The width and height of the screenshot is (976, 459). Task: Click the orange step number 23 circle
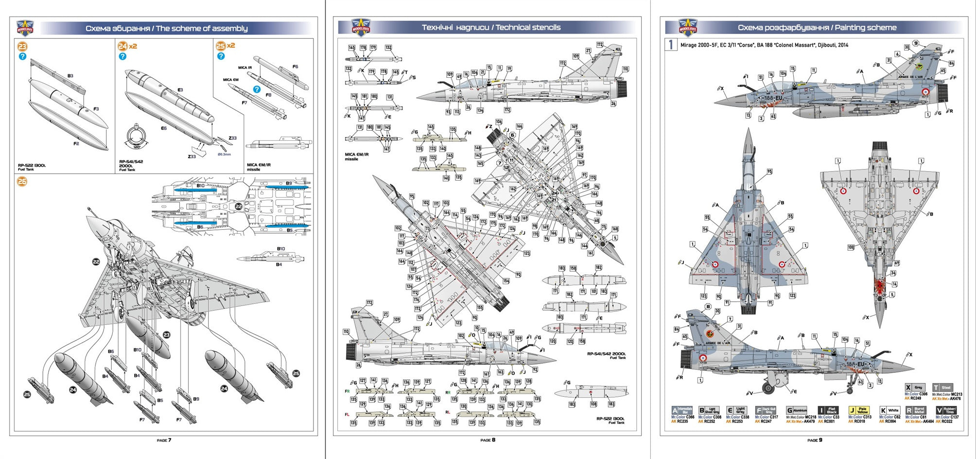pyautogui.click(x=22, y=47)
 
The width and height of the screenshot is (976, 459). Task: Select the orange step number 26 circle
pyautogui.click(x=22, y=182)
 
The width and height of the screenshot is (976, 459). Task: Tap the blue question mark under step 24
pyautogui.click(x=122, y=56)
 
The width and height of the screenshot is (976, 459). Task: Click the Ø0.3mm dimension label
pyautogui.click(x=224, y=154)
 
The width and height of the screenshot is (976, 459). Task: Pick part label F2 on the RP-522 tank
pyautogui.click(x=76, y=144)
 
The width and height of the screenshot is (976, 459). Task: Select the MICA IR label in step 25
pyautogui.click(x=245, y=68)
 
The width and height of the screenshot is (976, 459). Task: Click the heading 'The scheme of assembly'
pyautogui.click(x=202, y=29)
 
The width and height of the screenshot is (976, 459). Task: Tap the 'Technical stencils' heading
pyautogui.click(x=528, y=28)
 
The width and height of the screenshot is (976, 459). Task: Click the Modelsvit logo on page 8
pyautogui.click(x=361, y=28)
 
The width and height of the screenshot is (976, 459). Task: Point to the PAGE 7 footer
pyautogui.click(x=164, y=440)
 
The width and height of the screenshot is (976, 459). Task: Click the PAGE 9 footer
pyautogui.click(x=815, y=440)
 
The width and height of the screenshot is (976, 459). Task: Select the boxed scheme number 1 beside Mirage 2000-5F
pyautogui.click(x=671, y=45)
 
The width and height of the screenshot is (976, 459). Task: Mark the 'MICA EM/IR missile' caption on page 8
pyautogui.click(x=357, y=156)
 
